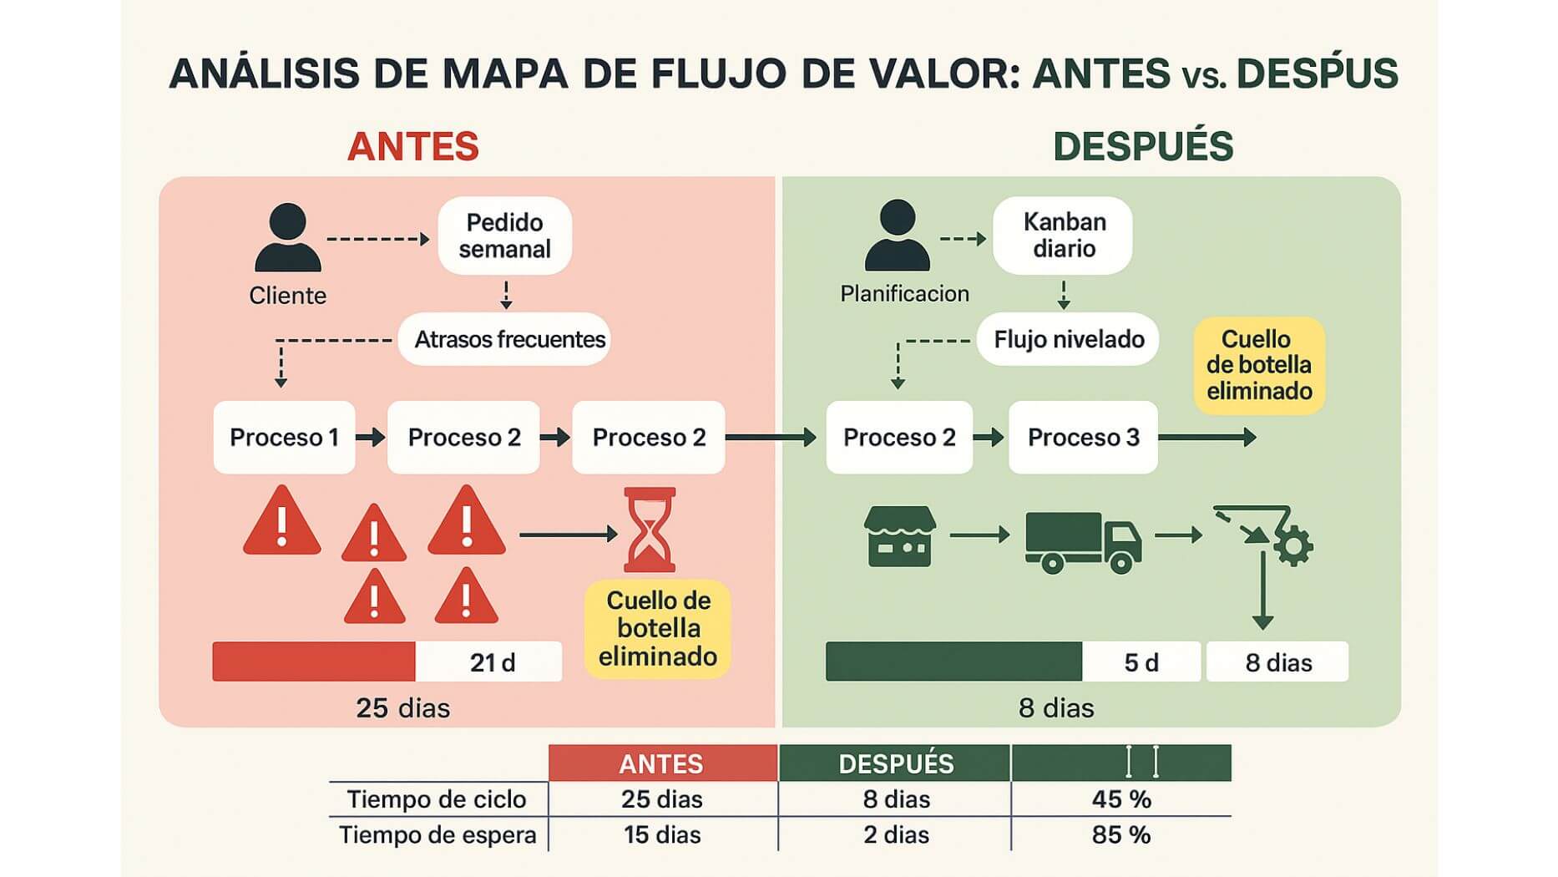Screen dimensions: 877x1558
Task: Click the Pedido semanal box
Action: [x=504, y=236]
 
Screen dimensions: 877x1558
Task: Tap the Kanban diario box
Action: [x=1063, y=235]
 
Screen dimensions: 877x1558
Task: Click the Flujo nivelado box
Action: [x=1068, y=339]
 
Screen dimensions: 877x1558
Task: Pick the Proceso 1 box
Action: [x=284, y=438]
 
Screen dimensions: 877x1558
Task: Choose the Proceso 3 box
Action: [x=1083, y=438]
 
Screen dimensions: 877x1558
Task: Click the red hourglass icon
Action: [x=650, y=530]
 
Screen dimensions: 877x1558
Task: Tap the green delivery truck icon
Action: [x=1083, y=542]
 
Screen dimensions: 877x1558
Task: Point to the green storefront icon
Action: [x=899, y=536]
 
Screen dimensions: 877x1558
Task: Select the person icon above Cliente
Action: [x=288, y=238]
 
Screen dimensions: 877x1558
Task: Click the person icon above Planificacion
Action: [x=898, y=236]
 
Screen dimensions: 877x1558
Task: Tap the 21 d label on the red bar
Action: [x=492, y=662]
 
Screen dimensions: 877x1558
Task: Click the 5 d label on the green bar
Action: [x=1141, y=662]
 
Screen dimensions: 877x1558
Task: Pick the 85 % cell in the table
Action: [x=1120, y=834]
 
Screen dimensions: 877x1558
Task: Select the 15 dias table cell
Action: [x=662, y=834]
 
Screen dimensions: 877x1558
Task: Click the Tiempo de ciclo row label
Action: [x=437, y=799]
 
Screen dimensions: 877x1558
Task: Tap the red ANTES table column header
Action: [x=662, y=763]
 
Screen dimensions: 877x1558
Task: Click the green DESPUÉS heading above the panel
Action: [x=1142, y=147]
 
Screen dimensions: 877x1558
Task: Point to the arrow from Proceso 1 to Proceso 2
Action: [x=371, y=437]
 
